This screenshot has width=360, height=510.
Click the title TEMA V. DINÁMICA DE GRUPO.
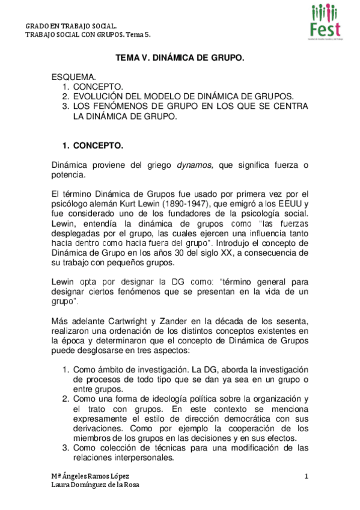(180, 59)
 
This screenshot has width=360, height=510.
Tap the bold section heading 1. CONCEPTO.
(93, 146)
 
